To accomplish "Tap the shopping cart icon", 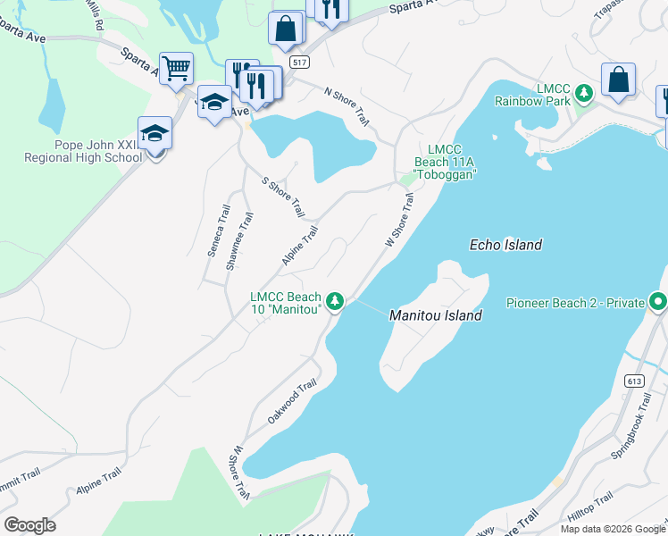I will pos(177,68).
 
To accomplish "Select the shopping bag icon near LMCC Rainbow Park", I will pos(618,80).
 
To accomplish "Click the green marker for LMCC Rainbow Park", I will pos(583,91).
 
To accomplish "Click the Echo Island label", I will pos(505,245).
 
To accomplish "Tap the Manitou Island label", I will pos(436,315).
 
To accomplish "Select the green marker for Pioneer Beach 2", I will pos(658,303).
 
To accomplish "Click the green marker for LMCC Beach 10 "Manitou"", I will pos(335,301).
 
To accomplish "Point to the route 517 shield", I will pos(300,62).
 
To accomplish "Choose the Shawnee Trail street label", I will pos(238,240).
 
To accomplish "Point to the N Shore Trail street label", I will pos(347,106).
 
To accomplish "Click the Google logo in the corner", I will pos(29,525).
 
